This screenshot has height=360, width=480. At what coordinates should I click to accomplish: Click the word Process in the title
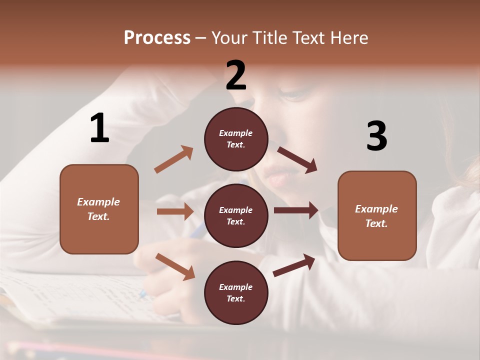[157, 38]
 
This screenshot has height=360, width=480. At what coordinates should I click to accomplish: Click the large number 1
[99, 128]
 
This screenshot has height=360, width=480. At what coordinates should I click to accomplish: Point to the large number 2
[236, 75]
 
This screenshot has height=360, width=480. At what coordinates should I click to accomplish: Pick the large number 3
[376, 136]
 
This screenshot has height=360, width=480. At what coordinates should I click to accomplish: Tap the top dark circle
[236, 139]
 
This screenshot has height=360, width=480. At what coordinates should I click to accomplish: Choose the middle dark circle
[236, 215]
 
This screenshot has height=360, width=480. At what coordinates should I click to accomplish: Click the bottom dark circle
[236, 292]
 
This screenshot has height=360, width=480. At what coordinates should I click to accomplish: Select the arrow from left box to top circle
[173, 159]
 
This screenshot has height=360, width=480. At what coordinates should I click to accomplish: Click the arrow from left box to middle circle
[175, 211]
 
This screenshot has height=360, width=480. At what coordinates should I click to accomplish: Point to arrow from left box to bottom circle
[175, 266]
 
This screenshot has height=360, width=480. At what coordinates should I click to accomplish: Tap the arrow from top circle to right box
[297, 159]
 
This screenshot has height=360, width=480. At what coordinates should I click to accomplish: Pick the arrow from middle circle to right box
[296, 210]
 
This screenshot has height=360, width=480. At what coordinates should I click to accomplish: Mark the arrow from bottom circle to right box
[294, 265]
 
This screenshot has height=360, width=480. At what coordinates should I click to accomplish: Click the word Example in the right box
[376, 209]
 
